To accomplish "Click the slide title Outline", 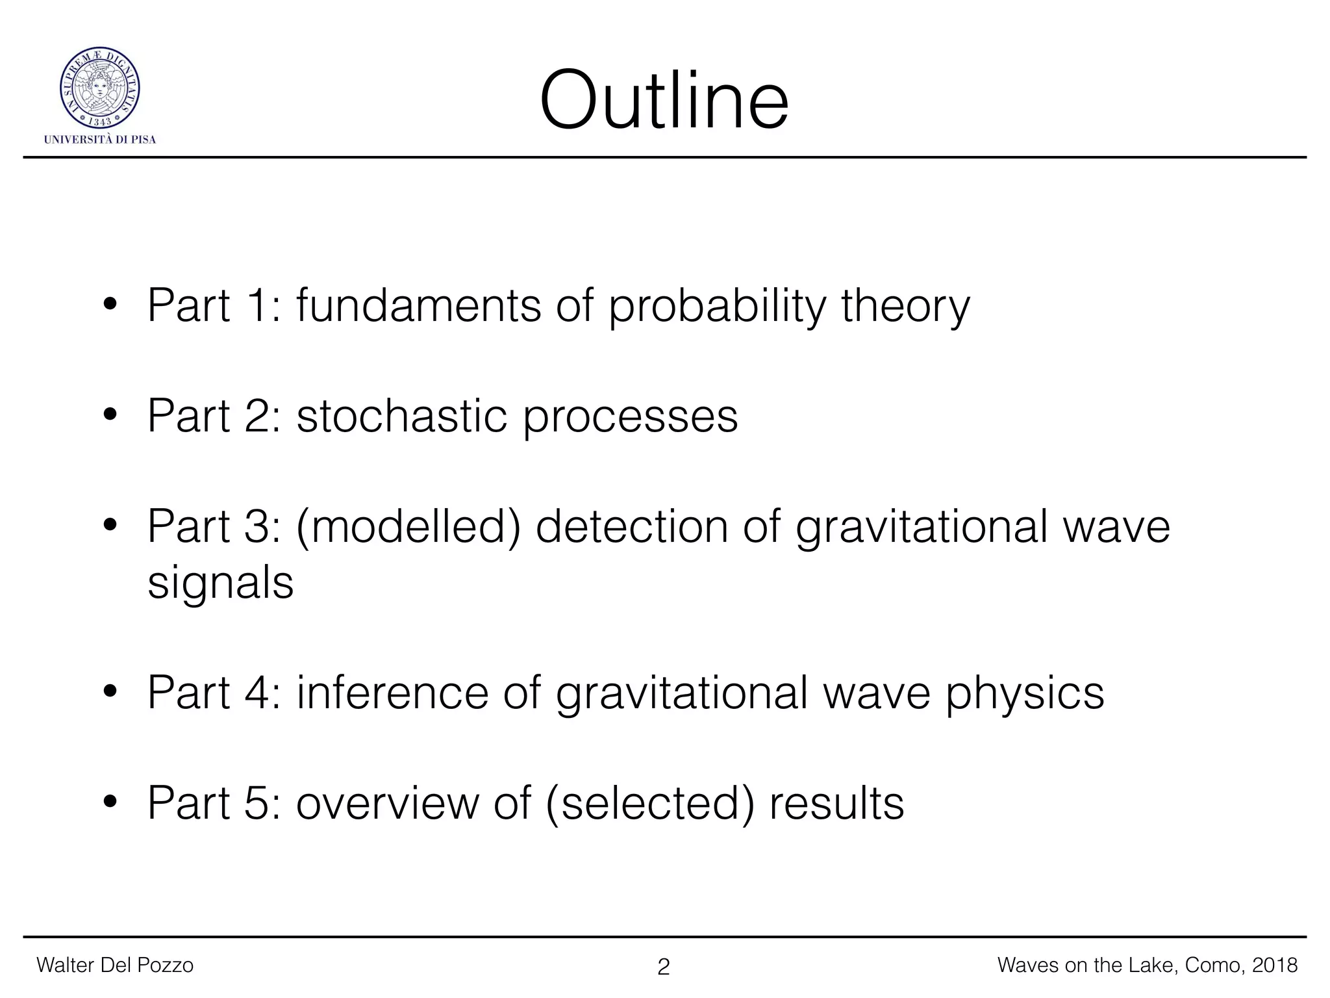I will pyautogui.click(x=664, y=101).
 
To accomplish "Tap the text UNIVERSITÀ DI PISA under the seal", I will pyautogui.click(x=100, y=140).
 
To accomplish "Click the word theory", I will pyautogui.click(x=905, y=306).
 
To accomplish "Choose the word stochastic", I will pyautogui.click(x=401, y=416).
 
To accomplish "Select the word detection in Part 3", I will pyautogui.click(x=631, y=526).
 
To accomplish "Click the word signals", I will pyautogui.click(x=220, y=583).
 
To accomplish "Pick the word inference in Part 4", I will pyautogui.click(x=392, y=693).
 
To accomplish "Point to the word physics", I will pyautogui.click(x=1024, y=694).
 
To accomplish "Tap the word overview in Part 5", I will pyautogui.click(x=387, y=803).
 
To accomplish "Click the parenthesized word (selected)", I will pyautogui.click(x=651, y=804).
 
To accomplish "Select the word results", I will pyautogui.click(x=836, y=803).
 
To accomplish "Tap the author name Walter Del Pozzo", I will pyautogui.click(x=115, y=965).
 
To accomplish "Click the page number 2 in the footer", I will pyautogui.click(x=663, y=967).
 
